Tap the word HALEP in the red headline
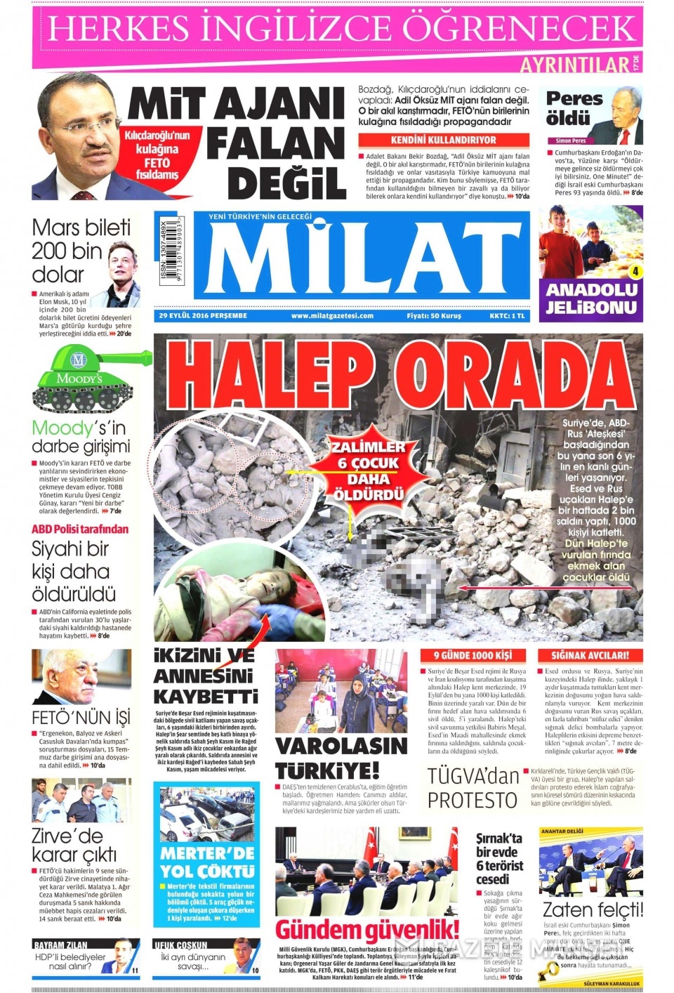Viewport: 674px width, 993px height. point(270,376)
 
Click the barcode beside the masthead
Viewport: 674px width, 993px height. point(171,250)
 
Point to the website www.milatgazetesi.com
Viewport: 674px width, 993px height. point(332,316)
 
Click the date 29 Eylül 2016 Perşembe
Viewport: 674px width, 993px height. point(203,316)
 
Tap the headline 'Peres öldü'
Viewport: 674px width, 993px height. point(574,107)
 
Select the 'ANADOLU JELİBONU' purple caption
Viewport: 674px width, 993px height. point(591,298)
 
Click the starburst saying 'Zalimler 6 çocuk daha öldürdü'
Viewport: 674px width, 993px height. point(368,471)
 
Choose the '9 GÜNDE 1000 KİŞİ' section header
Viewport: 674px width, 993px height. point(473,655)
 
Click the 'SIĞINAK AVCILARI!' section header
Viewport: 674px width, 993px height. point(590,655)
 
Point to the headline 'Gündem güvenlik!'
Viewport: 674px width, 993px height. point(367,929)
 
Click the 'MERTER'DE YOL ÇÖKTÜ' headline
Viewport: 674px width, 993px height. point(207,862)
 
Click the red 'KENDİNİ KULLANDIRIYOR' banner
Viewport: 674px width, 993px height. point(443,140)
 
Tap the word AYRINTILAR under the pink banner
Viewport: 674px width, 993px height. point(574,65)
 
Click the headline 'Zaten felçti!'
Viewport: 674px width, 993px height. point(593,909)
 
